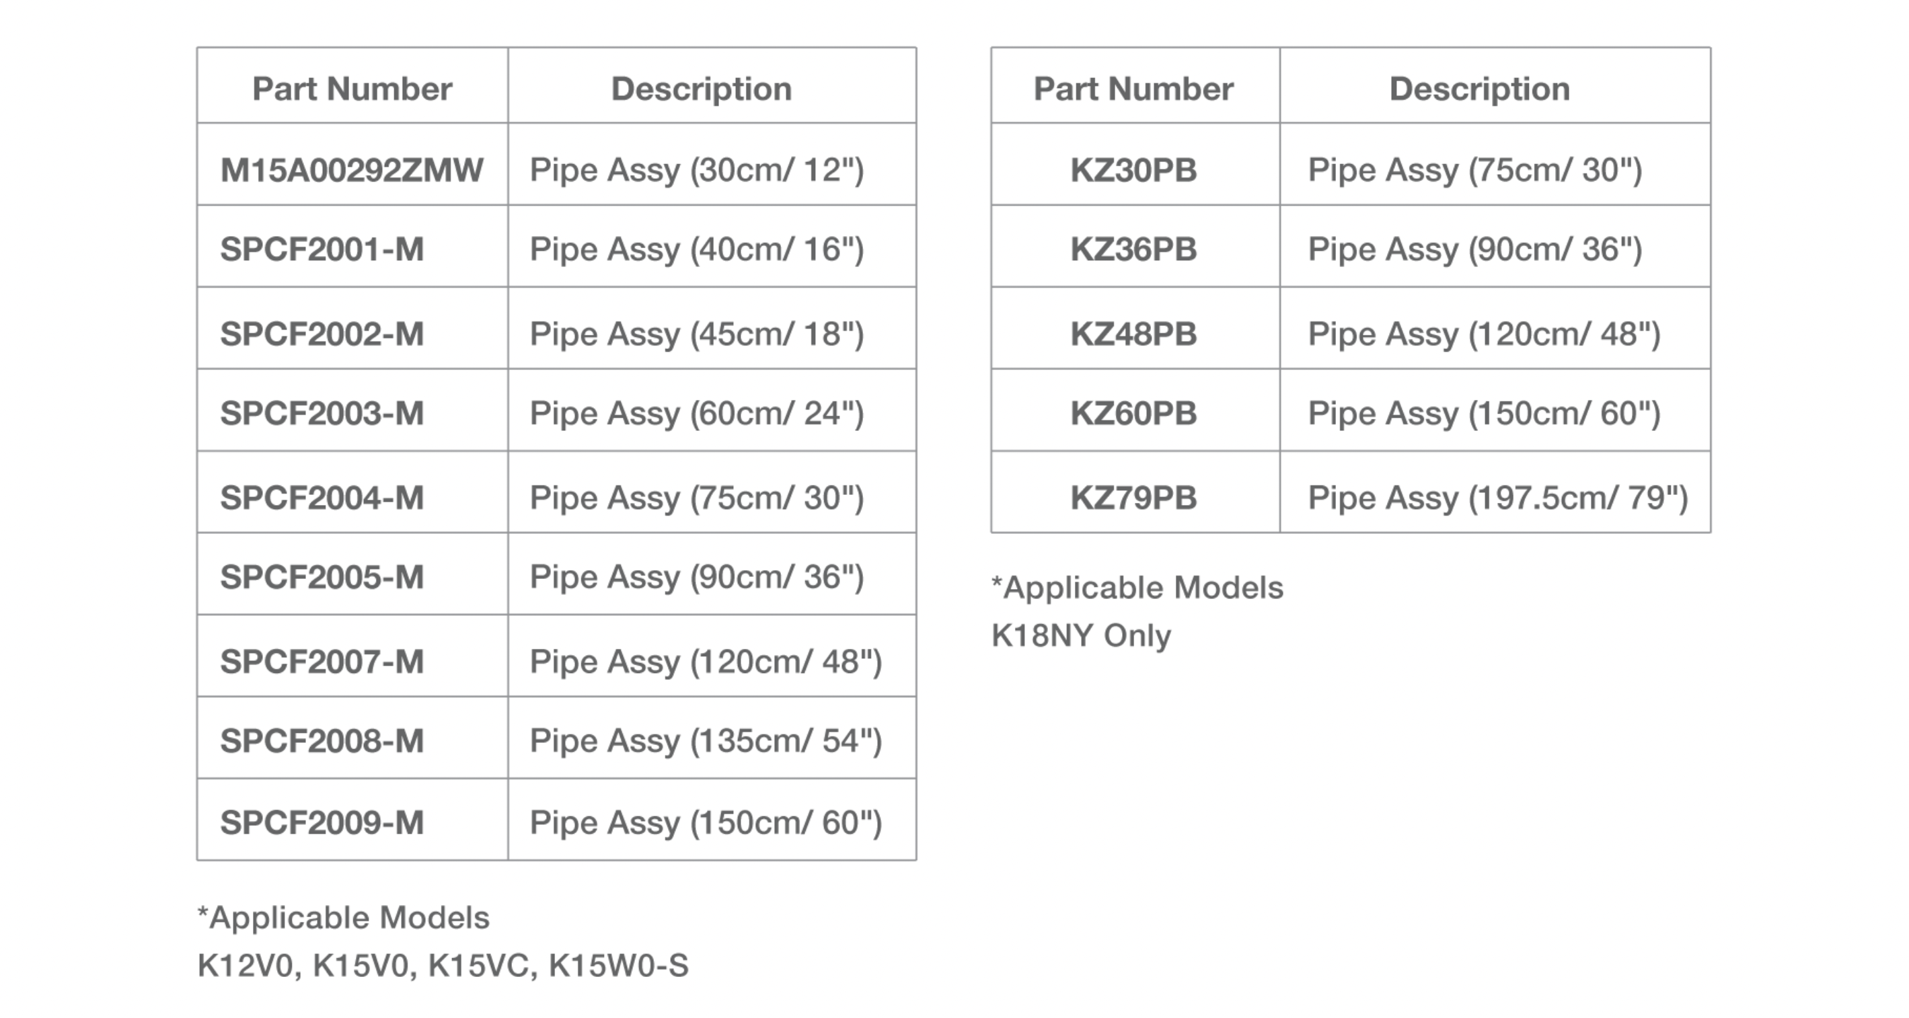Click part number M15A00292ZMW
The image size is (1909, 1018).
pos(352,169)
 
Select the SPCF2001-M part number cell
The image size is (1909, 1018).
pos(322,249)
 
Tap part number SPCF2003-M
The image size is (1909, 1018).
pos(322,414)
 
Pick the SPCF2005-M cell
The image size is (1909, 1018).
pos(322,577)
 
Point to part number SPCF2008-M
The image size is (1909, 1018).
pos(322,741)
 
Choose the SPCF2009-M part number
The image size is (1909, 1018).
pos(322,822)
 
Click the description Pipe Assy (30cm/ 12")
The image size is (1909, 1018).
pos(697,170)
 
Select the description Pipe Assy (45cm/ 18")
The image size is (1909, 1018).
pos(697,334)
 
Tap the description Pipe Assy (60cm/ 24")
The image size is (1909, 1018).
pos(697,414)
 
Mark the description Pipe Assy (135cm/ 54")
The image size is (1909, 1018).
pos(706,741)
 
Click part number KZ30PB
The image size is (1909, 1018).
pos(1134,170)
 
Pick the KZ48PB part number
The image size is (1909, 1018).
pos(1134,334)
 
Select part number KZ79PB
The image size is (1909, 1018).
pos(1134,498)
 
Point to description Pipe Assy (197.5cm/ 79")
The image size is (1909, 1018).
pos(1498,498)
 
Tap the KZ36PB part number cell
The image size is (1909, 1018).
pos(1134,249)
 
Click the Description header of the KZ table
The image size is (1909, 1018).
pos(1479,89)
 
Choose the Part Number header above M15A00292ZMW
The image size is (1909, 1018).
pos(352,89)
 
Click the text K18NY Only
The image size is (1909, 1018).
pos(1081,635)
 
